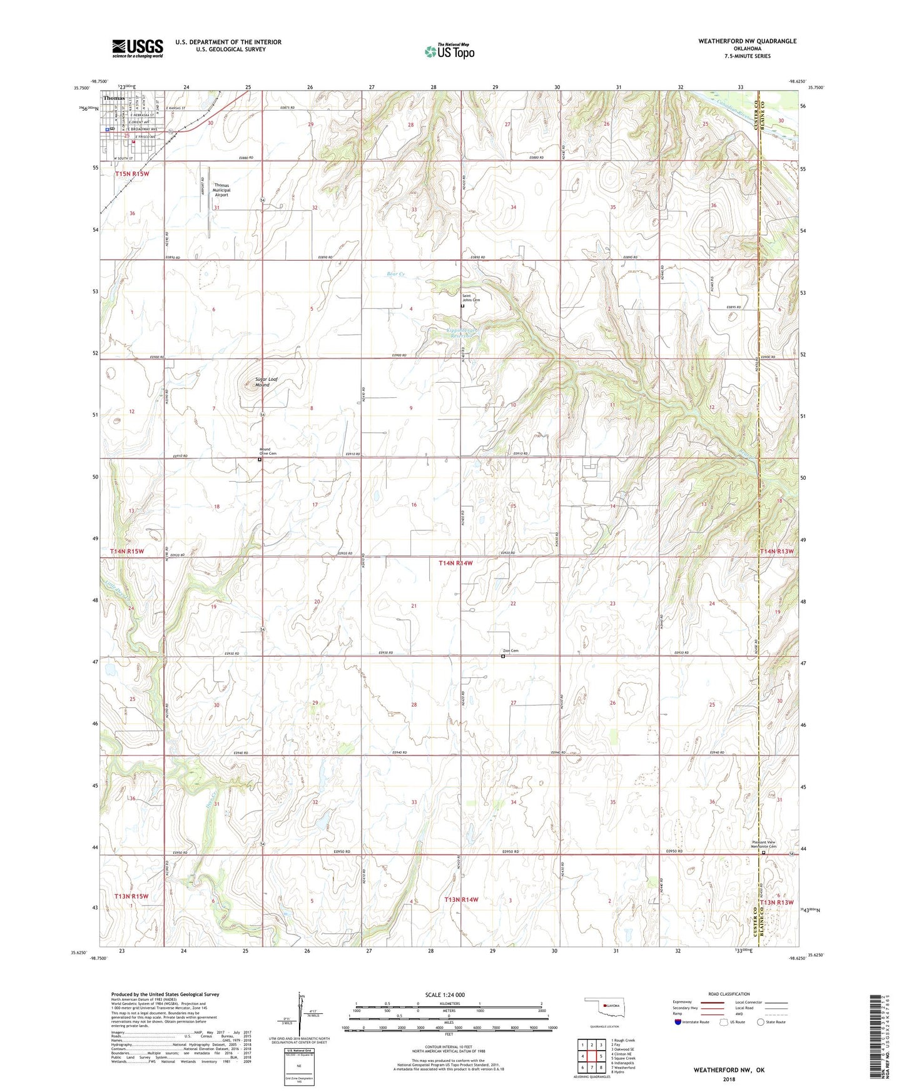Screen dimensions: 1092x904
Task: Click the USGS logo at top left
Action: pos(138,48)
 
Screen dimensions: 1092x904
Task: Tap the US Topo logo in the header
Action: pos(449,51)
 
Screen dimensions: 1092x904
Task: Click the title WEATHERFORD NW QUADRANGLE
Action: pos(747,41)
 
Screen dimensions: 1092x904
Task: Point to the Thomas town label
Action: pos(114,98)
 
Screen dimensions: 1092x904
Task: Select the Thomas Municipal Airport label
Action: pos(221,190)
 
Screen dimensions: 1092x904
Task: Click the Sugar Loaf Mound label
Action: pos(265,382)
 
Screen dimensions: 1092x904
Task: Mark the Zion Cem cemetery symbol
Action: pos(503,657)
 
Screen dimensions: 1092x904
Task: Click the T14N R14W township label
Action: pos(455,564)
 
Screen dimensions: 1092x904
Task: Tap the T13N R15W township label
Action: pos(132,896)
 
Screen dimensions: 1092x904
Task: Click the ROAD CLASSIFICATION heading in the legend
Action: pos(729,994)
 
